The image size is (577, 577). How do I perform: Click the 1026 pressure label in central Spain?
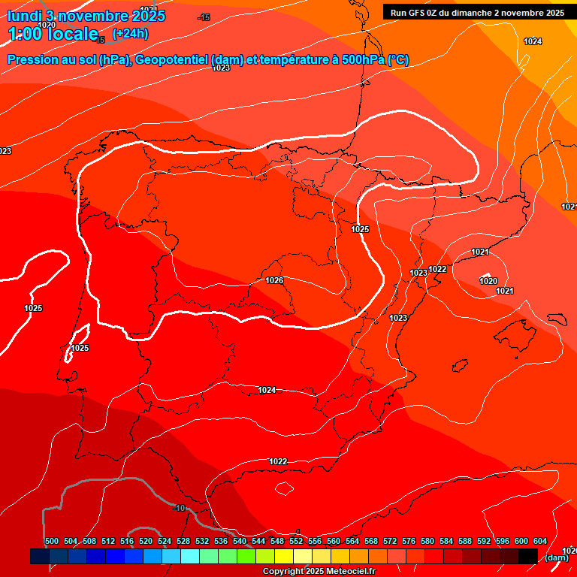coord(274,280)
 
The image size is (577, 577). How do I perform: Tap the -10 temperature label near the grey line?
coord(180,509)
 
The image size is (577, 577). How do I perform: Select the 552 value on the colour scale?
coord(296,542)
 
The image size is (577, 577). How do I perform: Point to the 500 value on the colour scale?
coord(52,542)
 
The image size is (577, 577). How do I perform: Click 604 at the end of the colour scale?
coord(540,542)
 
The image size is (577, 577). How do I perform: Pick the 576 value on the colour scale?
coord(409,542)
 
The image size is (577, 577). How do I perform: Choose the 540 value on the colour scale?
coord(240,542)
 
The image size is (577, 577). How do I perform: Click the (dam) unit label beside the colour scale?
coord(556,557)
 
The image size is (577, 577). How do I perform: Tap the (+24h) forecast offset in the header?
coord(130,33)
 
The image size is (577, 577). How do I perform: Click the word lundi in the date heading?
coord(24,16)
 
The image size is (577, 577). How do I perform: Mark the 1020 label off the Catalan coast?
coord(488,281)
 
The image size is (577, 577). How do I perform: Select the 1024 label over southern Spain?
coord(267,390)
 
